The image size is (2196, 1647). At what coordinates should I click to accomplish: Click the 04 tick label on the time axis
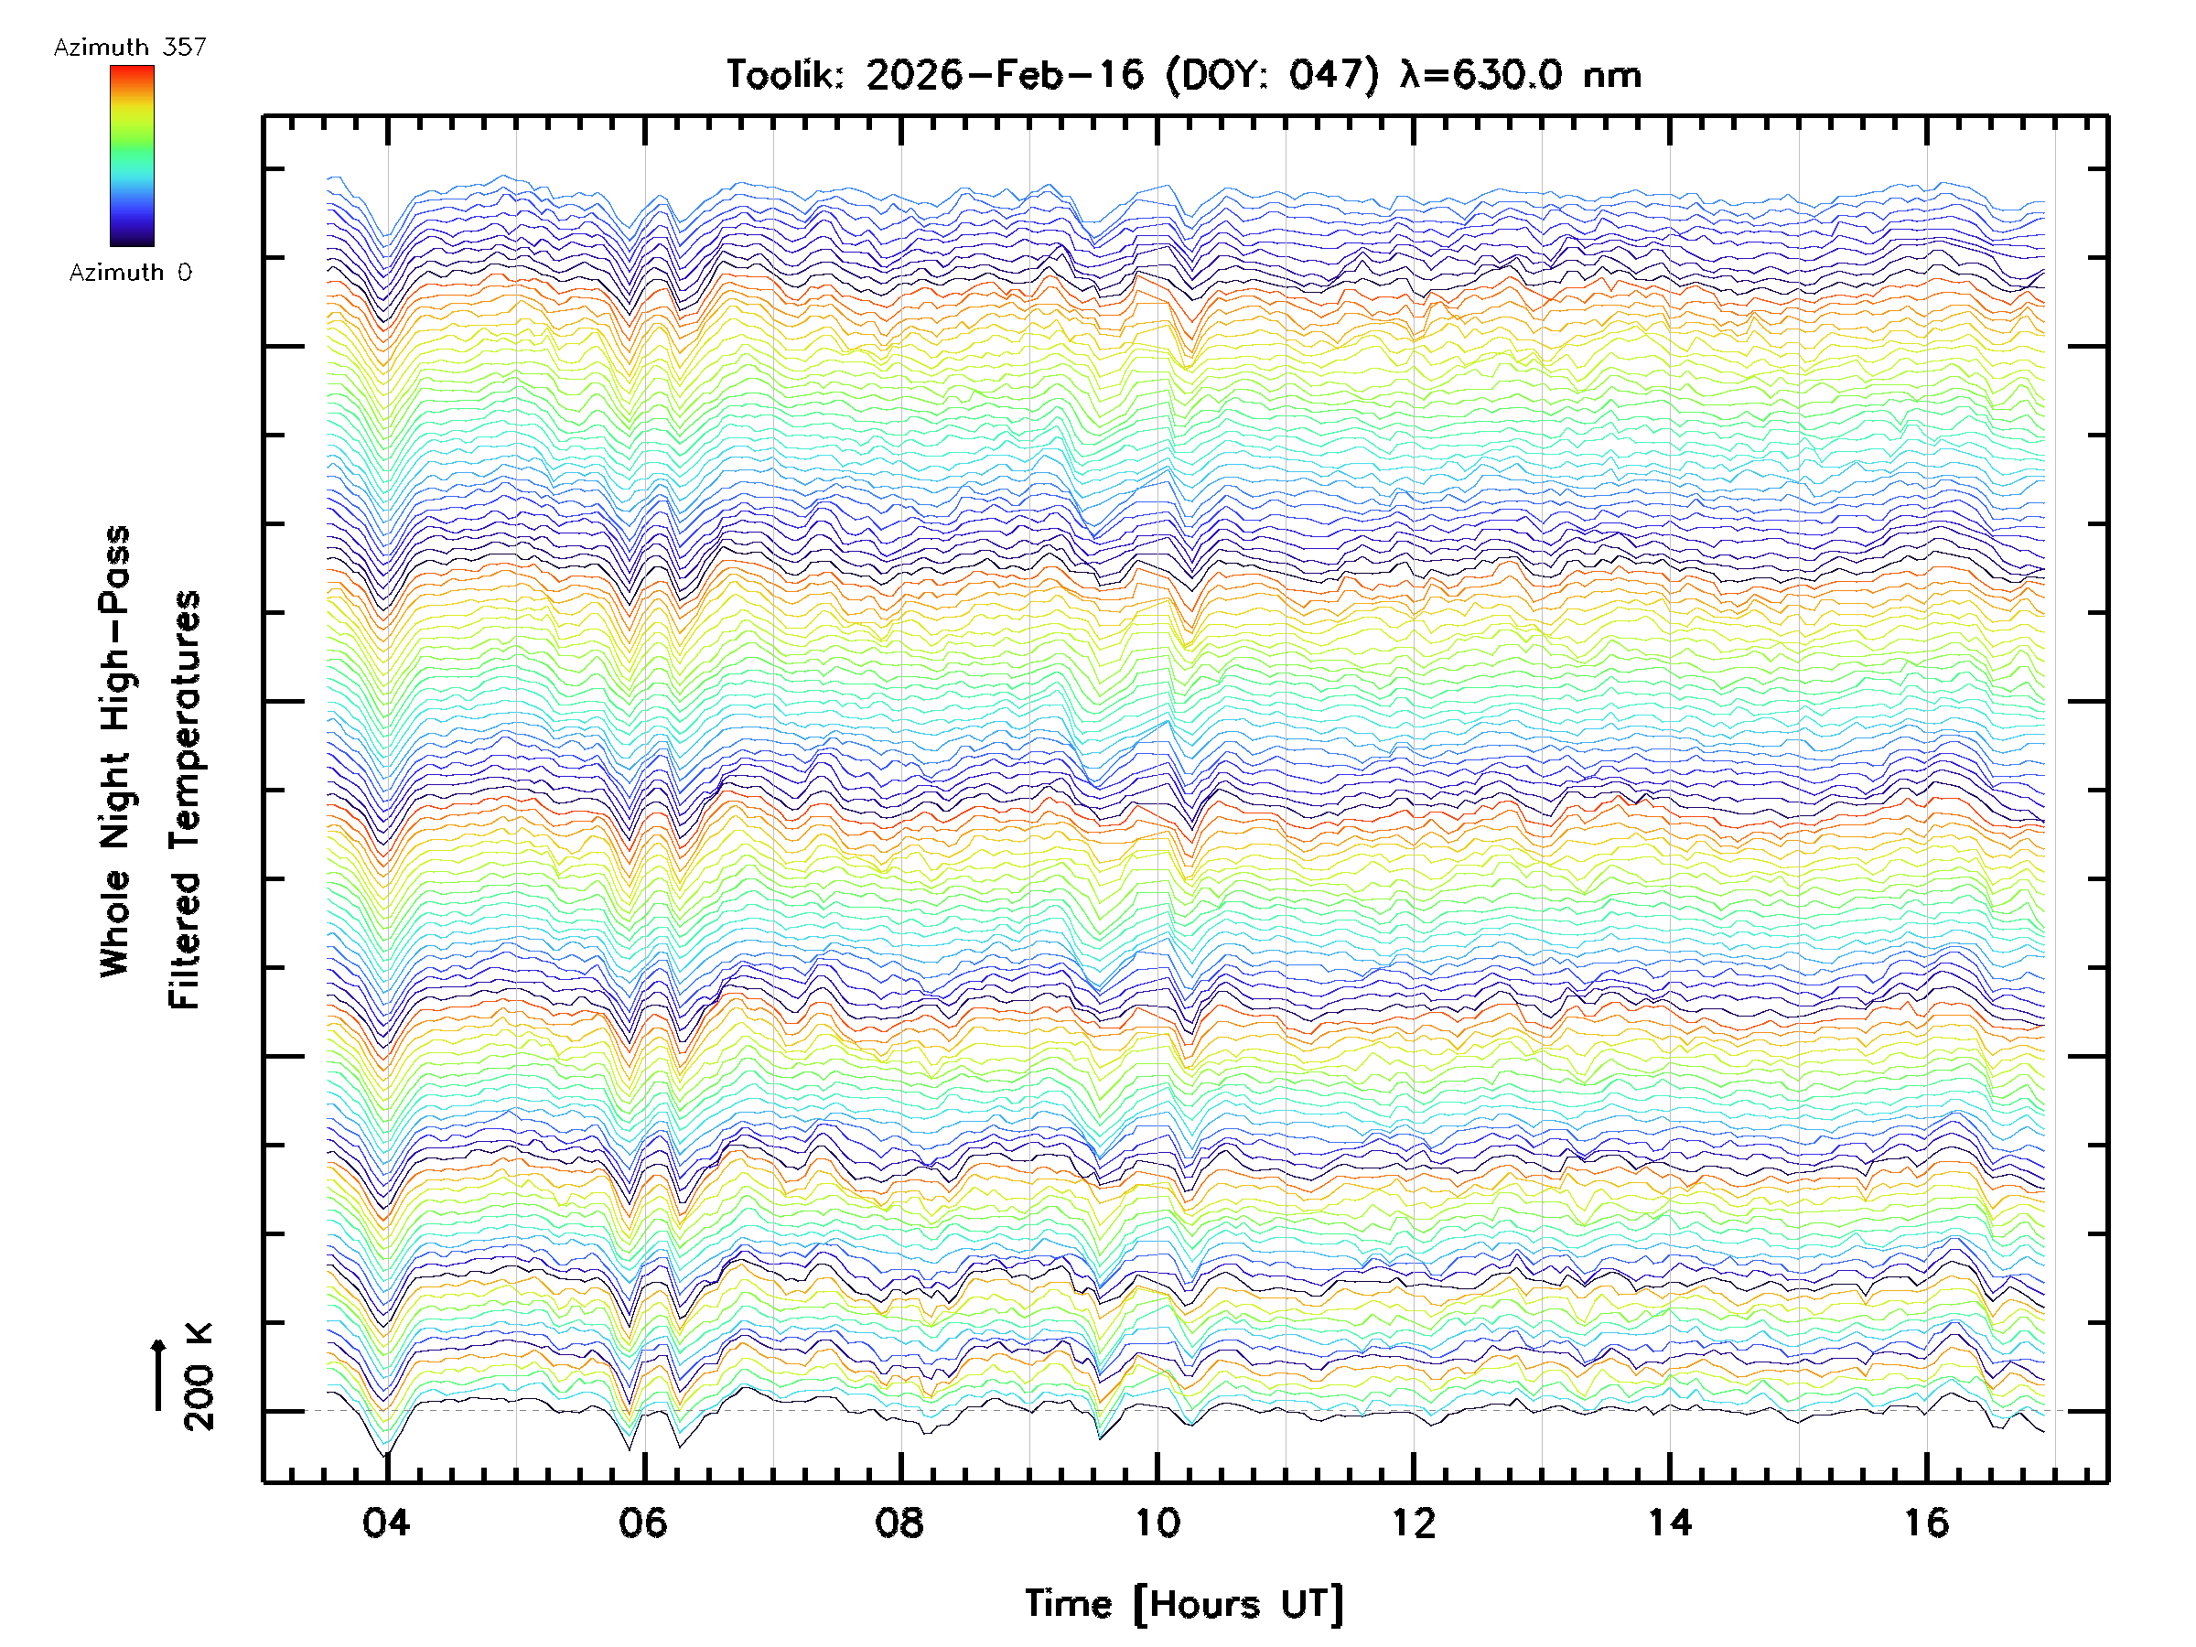tap(385, 1523)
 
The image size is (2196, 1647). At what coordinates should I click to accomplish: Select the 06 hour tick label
tap(642, 1523)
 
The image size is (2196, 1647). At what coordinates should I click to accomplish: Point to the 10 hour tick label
tap(1157, 1523)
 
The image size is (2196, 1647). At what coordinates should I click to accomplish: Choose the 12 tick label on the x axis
tap(1413, 1523)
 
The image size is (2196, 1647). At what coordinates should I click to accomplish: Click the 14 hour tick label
tap(1670, 1523)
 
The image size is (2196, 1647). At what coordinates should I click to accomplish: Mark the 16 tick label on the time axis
tap(1926, 1523)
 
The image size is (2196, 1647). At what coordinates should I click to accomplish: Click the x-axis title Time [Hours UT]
tap(1183, 1604)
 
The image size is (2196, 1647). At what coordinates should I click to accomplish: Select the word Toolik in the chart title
tap(784, 74)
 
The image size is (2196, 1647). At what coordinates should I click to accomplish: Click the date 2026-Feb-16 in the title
tap(1005, 74)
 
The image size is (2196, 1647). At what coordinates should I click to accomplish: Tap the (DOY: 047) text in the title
tap(1272, 74)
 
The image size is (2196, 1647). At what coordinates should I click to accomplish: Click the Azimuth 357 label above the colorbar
tap(130, 47)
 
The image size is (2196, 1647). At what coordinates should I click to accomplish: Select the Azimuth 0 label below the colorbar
tap(130, 272)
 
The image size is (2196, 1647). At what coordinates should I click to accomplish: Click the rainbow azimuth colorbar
tap(132, 155)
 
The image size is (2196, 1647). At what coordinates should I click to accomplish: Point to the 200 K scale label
tap(199, 1377)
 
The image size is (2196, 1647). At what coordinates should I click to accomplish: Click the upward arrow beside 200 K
tap(158, 1374)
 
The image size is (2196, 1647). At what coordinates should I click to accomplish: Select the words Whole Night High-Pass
tap(115, 751)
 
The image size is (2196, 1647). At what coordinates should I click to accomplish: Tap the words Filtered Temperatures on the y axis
tap(185, 801)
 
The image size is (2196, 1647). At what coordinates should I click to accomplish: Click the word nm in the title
tap(1611, 74)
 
